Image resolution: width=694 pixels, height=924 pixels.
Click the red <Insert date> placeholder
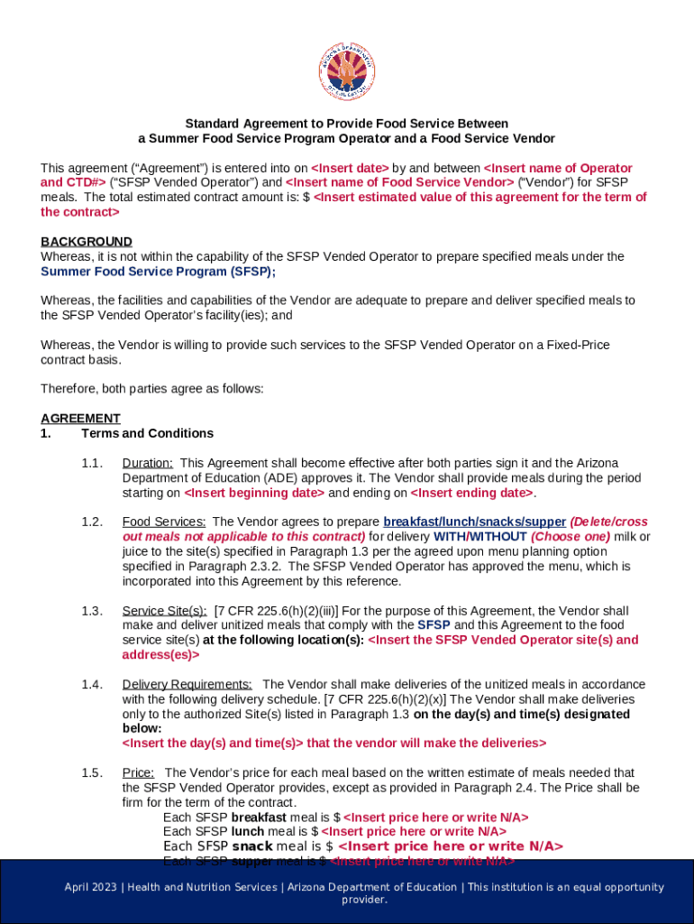pyautogui.click(x=350, y=168)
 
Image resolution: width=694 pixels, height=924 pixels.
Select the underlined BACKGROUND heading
pyautogui.click(x=87, y=241)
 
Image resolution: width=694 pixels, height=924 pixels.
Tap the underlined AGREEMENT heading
pyautogui.click(x=80, y=418)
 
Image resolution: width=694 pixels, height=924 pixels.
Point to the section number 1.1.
pyautogui.click(x=92, y=463)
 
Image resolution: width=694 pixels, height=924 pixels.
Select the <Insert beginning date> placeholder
pyautogui.click(x=254, y=493)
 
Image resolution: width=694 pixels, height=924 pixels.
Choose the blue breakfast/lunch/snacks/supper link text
pyautogui.click(x=474, y=522)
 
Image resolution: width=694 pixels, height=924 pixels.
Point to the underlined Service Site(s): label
pyautogui.click(x=164, y=611)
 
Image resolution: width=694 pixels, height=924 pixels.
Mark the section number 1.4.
pyautogui.click(x=92, y=684)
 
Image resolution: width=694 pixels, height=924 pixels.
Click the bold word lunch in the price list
pyautogui.click(x=247, y=831)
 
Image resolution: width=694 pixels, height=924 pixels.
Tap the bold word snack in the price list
pyautogui.click(x=252, y=845)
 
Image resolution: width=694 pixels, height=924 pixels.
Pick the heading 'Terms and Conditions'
pyautogui.click(x=147, y=433)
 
